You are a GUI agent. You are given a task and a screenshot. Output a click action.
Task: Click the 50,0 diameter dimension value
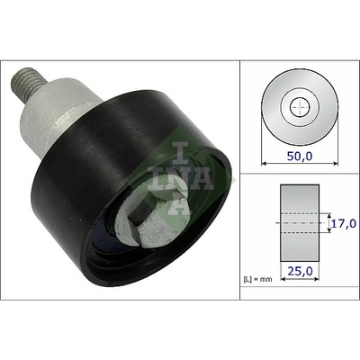[300, 157]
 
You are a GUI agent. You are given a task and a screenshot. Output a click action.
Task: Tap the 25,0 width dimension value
[300, 271]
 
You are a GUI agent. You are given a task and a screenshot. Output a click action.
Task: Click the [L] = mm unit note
[257, 279]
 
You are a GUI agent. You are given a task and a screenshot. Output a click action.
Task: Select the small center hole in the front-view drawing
[300, 107]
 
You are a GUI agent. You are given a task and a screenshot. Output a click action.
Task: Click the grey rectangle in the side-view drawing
[300, 223]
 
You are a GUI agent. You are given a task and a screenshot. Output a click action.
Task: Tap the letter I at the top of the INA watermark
[180, 153]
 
